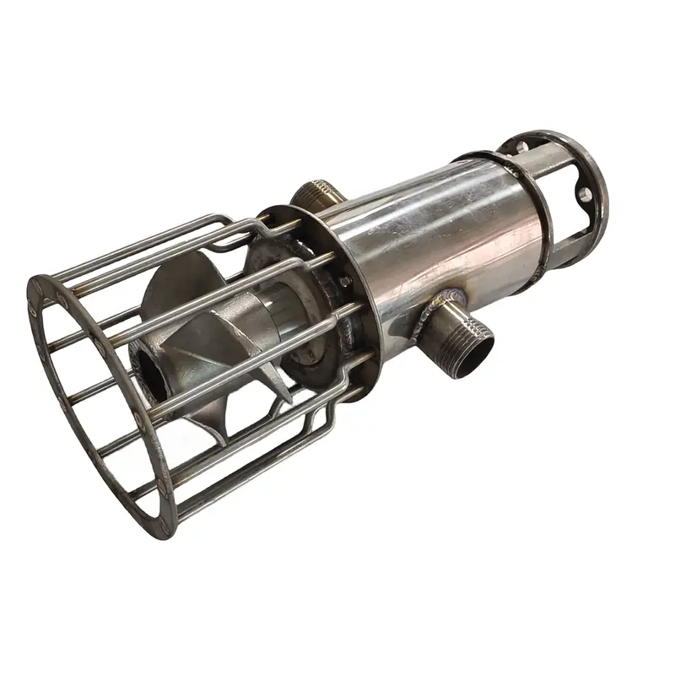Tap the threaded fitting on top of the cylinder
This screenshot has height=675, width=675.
click(320, 193)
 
